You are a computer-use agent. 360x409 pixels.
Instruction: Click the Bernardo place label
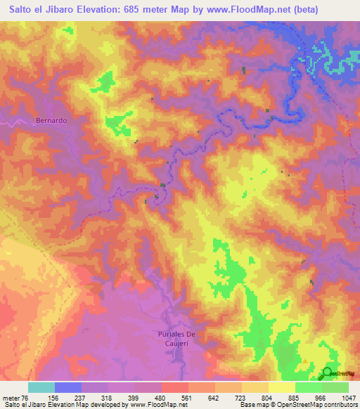point(51,120)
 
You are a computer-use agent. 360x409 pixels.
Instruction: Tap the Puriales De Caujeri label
point(174,337)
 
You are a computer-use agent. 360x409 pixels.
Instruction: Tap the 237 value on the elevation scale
point(82,397)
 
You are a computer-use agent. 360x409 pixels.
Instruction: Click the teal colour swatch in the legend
point(41,387)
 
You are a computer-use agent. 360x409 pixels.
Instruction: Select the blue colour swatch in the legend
point(68,387)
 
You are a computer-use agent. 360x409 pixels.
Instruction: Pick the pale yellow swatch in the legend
point(281,387)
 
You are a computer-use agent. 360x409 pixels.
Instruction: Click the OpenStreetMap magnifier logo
point(327,373)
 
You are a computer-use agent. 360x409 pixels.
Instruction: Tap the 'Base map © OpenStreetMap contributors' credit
point(297,405)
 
